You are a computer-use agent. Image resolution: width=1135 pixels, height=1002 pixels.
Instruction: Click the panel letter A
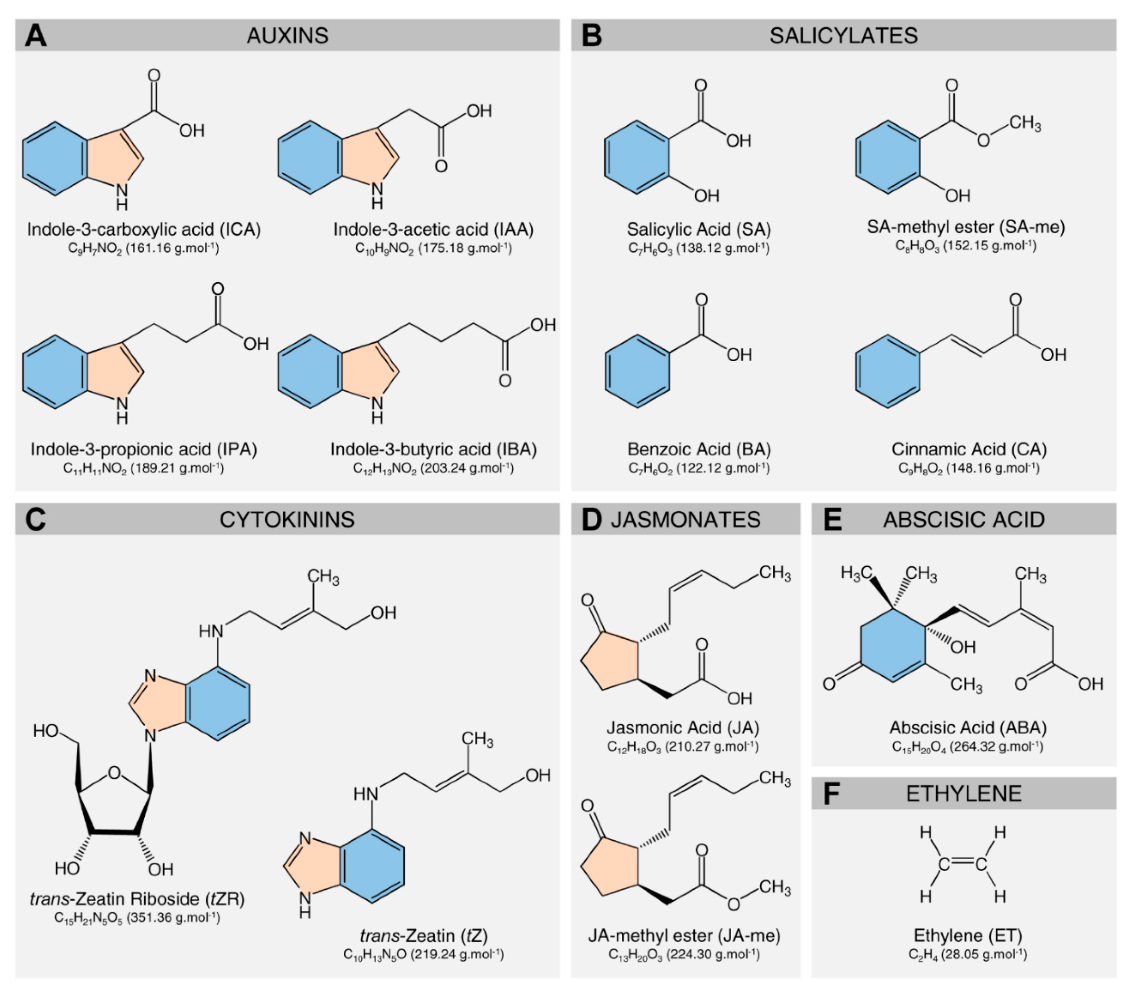point(35,35)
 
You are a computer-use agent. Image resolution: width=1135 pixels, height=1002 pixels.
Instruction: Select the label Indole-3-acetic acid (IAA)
point(433,229)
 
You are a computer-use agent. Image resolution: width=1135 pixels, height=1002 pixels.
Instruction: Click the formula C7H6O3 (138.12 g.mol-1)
point(699,248)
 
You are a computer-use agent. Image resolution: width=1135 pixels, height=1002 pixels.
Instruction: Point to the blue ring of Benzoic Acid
point(637,371)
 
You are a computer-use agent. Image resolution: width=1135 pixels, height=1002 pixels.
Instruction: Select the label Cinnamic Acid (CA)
point(969,449)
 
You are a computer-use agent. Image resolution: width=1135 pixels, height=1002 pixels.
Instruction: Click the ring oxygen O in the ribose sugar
point(115,773)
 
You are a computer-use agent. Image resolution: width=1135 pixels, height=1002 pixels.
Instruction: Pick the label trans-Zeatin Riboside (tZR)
point(137,899)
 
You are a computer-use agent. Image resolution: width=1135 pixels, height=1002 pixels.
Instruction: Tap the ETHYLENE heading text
point(963,793)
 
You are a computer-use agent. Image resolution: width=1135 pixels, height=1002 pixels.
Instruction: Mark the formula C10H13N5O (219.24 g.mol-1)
point(423,954)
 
